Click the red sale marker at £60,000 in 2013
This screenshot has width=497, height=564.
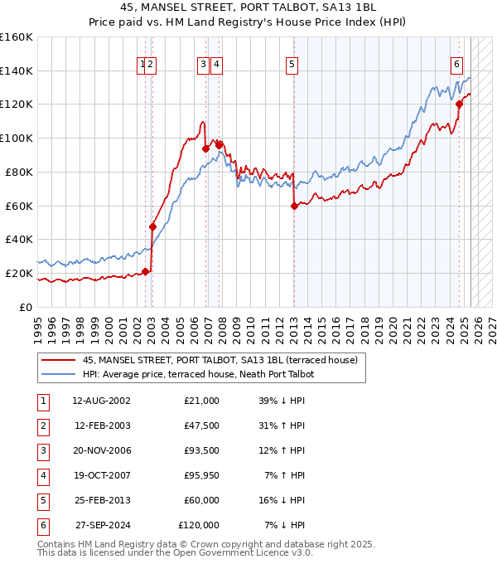(x=294, y=206)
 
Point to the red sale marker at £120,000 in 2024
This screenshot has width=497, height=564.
(x=459, y=104)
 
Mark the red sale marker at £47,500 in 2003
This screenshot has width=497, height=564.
(x=152, y=226)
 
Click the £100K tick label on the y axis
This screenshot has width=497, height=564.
(x=17, y=138)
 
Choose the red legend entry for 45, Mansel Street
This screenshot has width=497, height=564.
(x=220, y=360)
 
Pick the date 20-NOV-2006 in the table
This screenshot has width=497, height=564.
(x=102, y=450)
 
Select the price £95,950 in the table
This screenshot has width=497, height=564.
(x=199, y=475)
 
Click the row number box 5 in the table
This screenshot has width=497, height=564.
(x=41, y=500)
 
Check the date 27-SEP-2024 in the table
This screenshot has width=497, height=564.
(x=103, y=525)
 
